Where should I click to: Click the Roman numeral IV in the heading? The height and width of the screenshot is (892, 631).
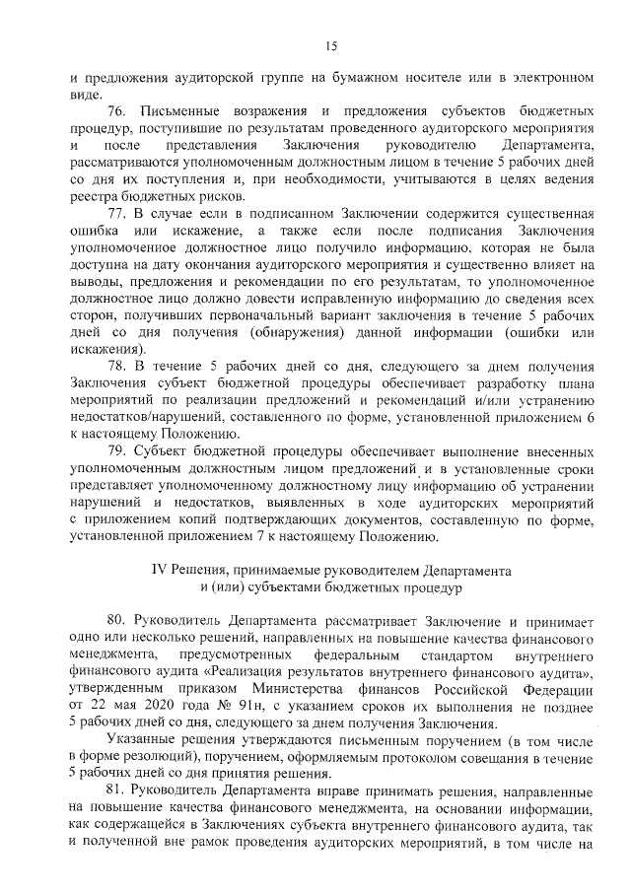[159, 570]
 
